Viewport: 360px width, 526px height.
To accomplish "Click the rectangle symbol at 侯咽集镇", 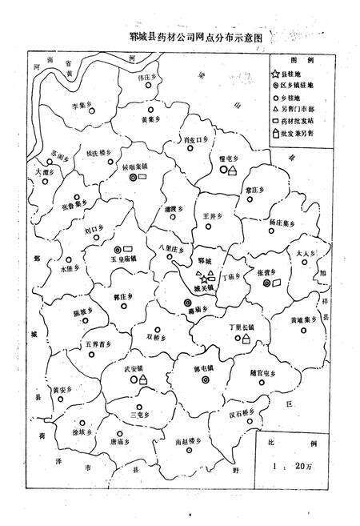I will [148, 179].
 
